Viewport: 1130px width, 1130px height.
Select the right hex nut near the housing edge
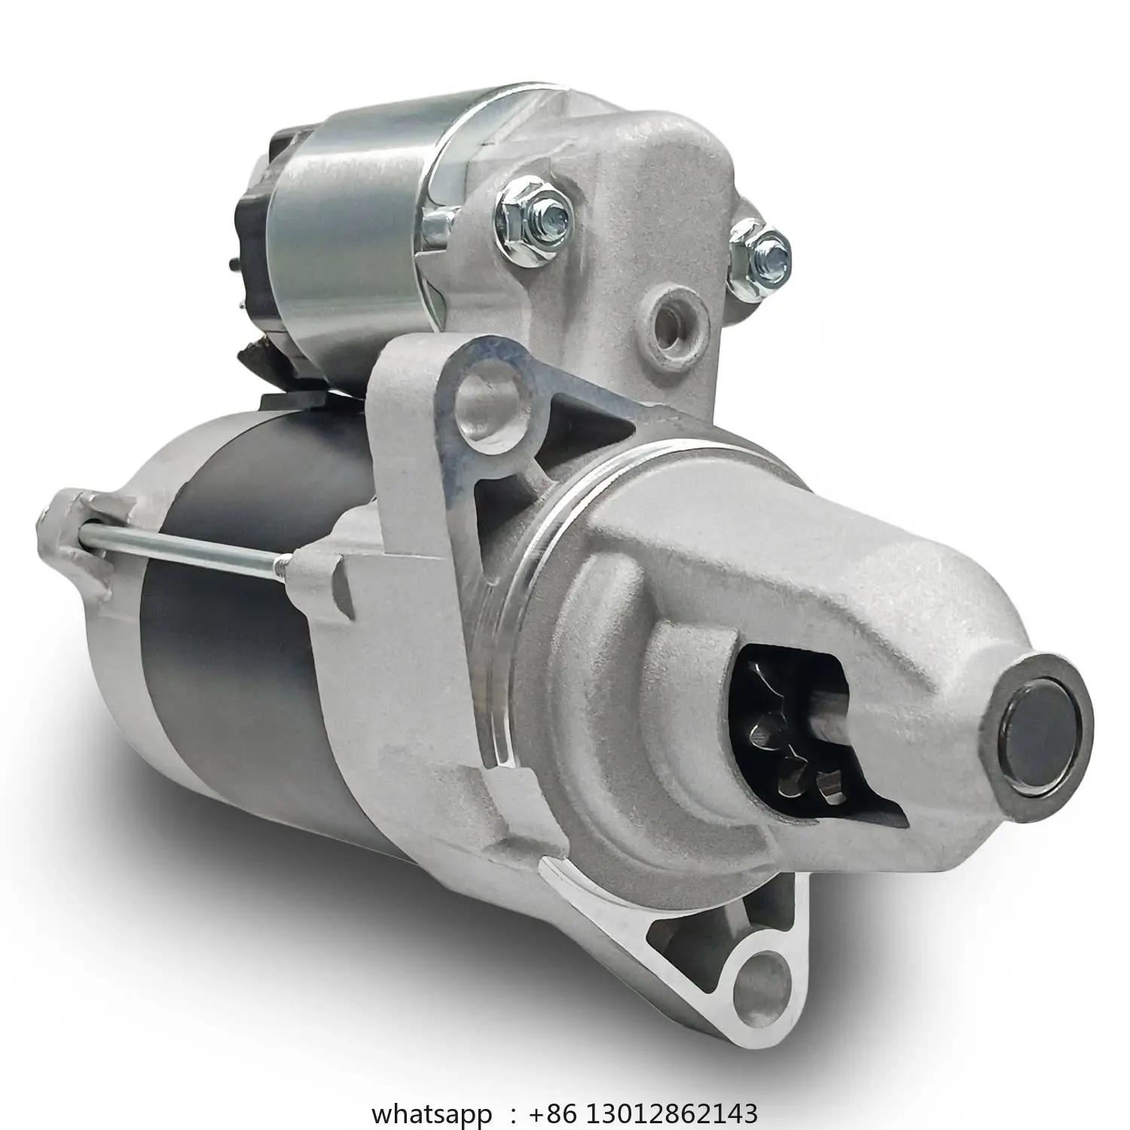(x=762, y=250)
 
